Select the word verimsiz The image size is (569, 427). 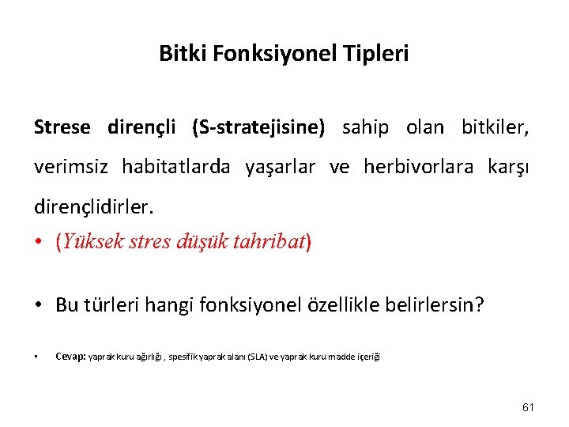[72, 168]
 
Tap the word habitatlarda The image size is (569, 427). [175, 168]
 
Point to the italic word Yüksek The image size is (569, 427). [90, 242]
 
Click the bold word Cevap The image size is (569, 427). [70, 357]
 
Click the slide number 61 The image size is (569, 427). [529, 407]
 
